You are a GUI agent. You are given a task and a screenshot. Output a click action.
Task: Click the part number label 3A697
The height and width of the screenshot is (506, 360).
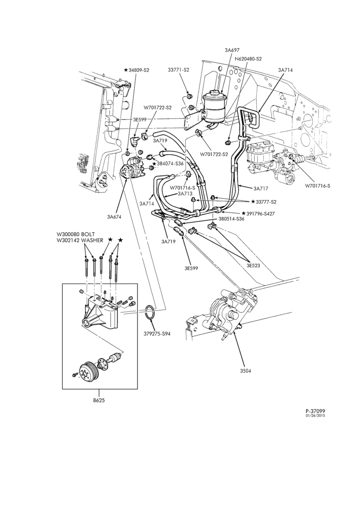tap(232, 50)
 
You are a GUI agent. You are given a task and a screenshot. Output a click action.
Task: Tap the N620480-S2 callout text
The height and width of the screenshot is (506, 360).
tap(248, 59)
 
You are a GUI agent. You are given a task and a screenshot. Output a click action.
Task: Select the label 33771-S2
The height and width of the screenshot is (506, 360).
tap(178, 70)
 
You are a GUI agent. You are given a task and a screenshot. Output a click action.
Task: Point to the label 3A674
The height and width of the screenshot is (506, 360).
tap(114, 217)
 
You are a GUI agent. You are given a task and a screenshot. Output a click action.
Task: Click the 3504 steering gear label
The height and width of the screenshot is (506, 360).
tap(246, 371)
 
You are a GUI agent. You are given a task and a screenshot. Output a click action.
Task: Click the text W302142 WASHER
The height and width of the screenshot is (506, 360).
tap(80, 240)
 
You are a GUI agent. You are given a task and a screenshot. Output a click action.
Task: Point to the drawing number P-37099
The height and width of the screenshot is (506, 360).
tap(315, 411)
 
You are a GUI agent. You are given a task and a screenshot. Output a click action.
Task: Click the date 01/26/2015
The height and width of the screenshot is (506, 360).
tap(315, 415)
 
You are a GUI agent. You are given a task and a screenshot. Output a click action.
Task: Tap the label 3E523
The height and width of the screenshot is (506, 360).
tap(253, 266)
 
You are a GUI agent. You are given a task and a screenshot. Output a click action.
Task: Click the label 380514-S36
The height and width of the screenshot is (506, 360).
tap(231, 219)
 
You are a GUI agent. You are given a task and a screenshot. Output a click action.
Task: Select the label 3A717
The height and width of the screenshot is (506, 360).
tap(260, 188)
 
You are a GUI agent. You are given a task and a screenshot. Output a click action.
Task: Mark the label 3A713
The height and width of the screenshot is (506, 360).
tap(185, 194)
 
